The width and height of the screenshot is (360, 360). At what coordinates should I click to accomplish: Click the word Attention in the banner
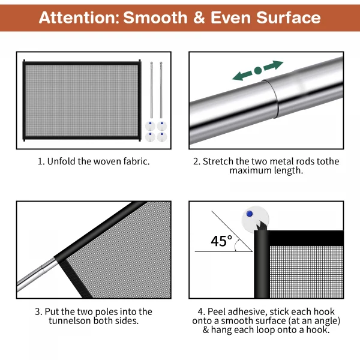(79, 17)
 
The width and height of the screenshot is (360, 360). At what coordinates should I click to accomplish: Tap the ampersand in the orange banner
(199, 17)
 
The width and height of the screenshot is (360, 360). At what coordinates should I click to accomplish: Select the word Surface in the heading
(289, 17)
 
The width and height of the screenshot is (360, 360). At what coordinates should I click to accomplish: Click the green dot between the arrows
(258, 70)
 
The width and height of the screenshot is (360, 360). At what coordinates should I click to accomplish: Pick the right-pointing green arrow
(273, 65)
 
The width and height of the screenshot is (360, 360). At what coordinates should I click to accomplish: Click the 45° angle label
(221, 241)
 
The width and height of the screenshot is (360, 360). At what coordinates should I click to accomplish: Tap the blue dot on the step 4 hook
(250, 214)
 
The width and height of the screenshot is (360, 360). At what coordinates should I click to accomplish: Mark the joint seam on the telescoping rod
(271, 99)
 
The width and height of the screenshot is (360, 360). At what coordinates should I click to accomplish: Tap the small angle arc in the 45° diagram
(236, 245)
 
